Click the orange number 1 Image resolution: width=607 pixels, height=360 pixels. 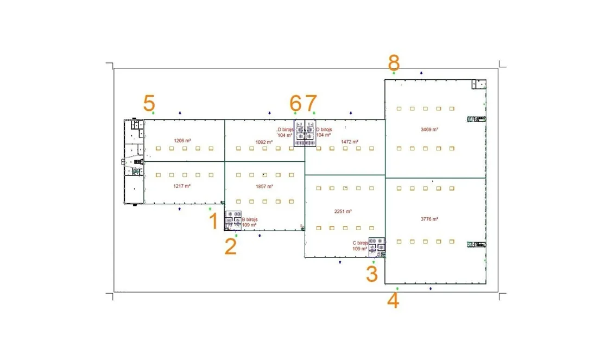click(213, 222)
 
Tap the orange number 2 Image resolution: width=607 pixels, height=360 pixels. click(231, 246)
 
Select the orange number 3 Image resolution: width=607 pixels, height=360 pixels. click(372, 273)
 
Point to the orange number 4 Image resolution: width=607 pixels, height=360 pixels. click(393, 300)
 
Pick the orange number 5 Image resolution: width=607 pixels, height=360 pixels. click(149, 103)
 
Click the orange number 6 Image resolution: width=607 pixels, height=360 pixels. click(295, 103)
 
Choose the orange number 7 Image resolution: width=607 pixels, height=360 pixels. click(311, 103)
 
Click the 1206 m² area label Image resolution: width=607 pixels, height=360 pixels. click(182, 141)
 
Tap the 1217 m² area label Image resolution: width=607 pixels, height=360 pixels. click(182, 186)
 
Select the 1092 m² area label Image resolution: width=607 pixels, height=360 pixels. click(264, 142)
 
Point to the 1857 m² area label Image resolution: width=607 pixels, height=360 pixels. click(264, 186)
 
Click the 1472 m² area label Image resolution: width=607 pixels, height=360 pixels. click(350, 142)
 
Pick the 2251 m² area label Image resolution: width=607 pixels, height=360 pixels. click(343, 211)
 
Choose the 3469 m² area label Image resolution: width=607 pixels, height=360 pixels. click(429, 129)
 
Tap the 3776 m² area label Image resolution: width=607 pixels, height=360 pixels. click(429, 219)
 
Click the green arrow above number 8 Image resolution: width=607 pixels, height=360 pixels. click(394, 73)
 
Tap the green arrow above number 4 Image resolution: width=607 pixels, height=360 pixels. click(397, 288)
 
